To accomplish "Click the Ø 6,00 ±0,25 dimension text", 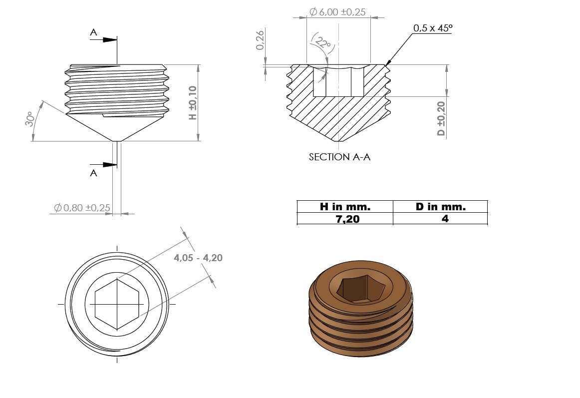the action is click(x=337, y=12).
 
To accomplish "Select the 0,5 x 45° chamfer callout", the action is click(x=433, y=28).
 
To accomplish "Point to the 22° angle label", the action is click(x=323, y=43).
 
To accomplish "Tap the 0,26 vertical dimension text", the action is click(x=260, y=40).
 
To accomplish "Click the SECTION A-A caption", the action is click(x=339, y=157).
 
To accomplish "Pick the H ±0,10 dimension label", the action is click(x=193, y=102).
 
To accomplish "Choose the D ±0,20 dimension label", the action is click(x=441, y=118).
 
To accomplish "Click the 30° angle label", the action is click(x=30, y=118).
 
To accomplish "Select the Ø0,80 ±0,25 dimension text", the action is click(x=82, y=208).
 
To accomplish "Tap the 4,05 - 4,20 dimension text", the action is click(x=198, y=258).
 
